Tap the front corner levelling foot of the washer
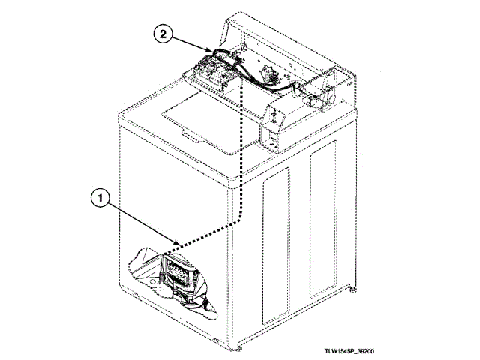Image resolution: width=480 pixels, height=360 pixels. (239, 346)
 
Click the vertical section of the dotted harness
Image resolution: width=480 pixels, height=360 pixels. (241, 150)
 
